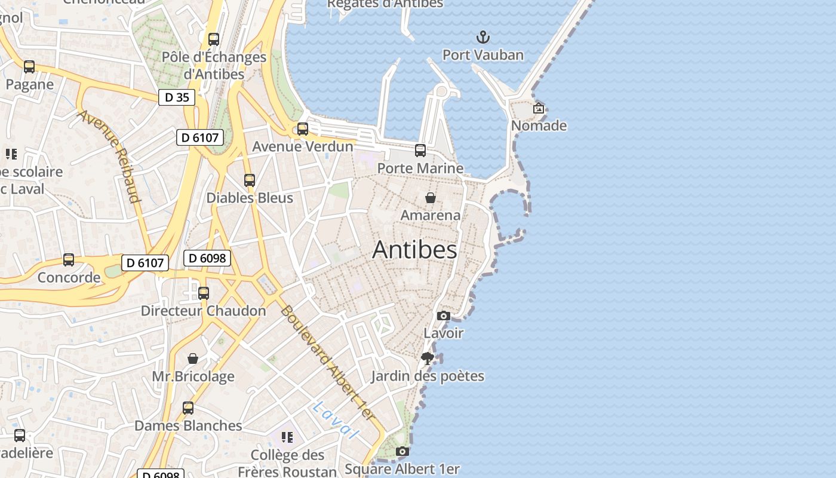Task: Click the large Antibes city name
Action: coord(414,250)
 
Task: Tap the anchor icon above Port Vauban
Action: coord(482,38)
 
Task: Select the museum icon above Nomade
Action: coord(539,108)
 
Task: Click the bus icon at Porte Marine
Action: coord(420,150)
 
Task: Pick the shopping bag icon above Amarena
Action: coord(430,197)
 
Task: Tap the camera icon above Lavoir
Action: coord(443,315)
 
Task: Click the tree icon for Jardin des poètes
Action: coord(427,358)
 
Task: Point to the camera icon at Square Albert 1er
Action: coord(402,451)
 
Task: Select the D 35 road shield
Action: coord(177,97)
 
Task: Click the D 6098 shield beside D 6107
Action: coord(207,258)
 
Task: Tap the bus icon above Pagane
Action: coord(29,67)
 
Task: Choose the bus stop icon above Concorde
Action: coord(69,260)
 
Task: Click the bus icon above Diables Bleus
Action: coord(250,180)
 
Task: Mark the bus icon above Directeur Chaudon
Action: coord(204,293)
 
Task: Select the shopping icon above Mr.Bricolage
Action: coord(193,358)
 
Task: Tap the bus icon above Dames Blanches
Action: coord(188,408)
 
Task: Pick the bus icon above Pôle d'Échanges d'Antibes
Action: coord(214,39)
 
